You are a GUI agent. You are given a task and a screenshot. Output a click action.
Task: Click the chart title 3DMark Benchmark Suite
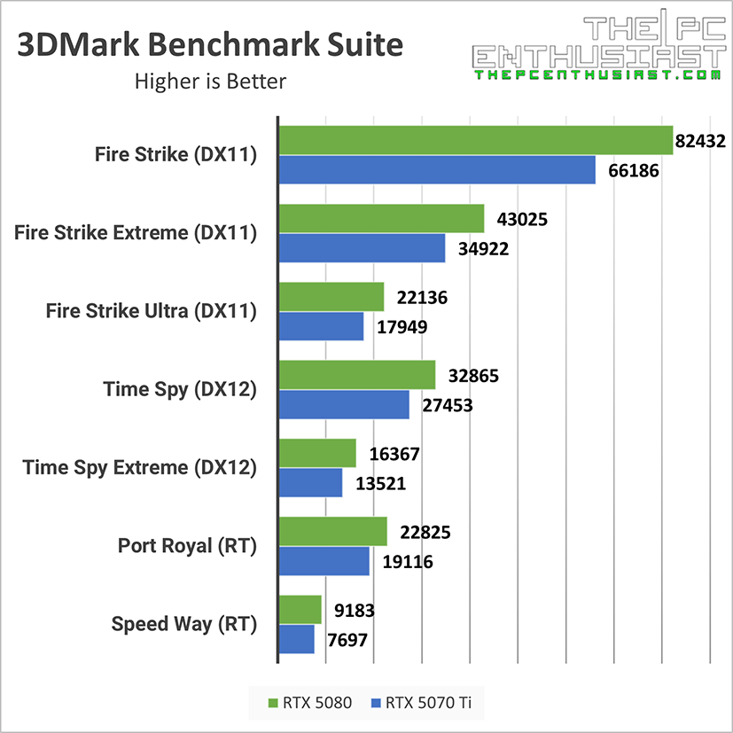pos(210,46)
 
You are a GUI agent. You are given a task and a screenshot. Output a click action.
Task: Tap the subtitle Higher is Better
pos(210,82)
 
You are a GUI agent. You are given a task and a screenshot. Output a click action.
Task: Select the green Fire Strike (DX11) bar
pos(475,140)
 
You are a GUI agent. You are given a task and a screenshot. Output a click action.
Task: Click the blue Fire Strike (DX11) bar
pos(437,169)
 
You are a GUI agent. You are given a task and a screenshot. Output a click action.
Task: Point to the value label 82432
pos(707,140)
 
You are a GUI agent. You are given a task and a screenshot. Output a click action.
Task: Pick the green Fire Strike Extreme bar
pos(381,218)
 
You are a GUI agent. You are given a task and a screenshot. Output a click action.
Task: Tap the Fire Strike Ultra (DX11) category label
pos(151,311)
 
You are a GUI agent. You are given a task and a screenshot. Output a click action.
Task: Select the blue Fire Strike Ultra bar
pos(321,326)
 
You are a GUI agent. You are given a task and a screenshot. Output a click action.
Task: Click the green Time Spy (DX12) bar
pos(356,375)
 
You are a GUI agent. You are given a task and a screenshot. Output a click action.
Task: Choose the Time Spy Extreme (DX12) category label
pos(139,467)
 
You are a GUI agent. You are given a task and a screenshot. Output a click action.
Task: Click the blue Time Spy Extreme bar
pos(310,483)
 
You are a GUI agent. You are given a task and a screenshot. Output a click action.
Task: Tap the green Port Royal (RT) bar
pos(332,532)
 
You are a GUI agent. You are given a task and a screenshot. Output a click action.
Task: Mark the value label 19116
pos(408,561)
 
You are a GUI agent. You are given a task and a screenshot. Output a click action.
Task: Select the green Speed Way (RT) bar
pos(300,610)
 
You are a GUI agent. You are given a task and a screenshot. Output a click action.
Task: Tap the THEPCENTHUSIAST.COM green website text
pos(596,76)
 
